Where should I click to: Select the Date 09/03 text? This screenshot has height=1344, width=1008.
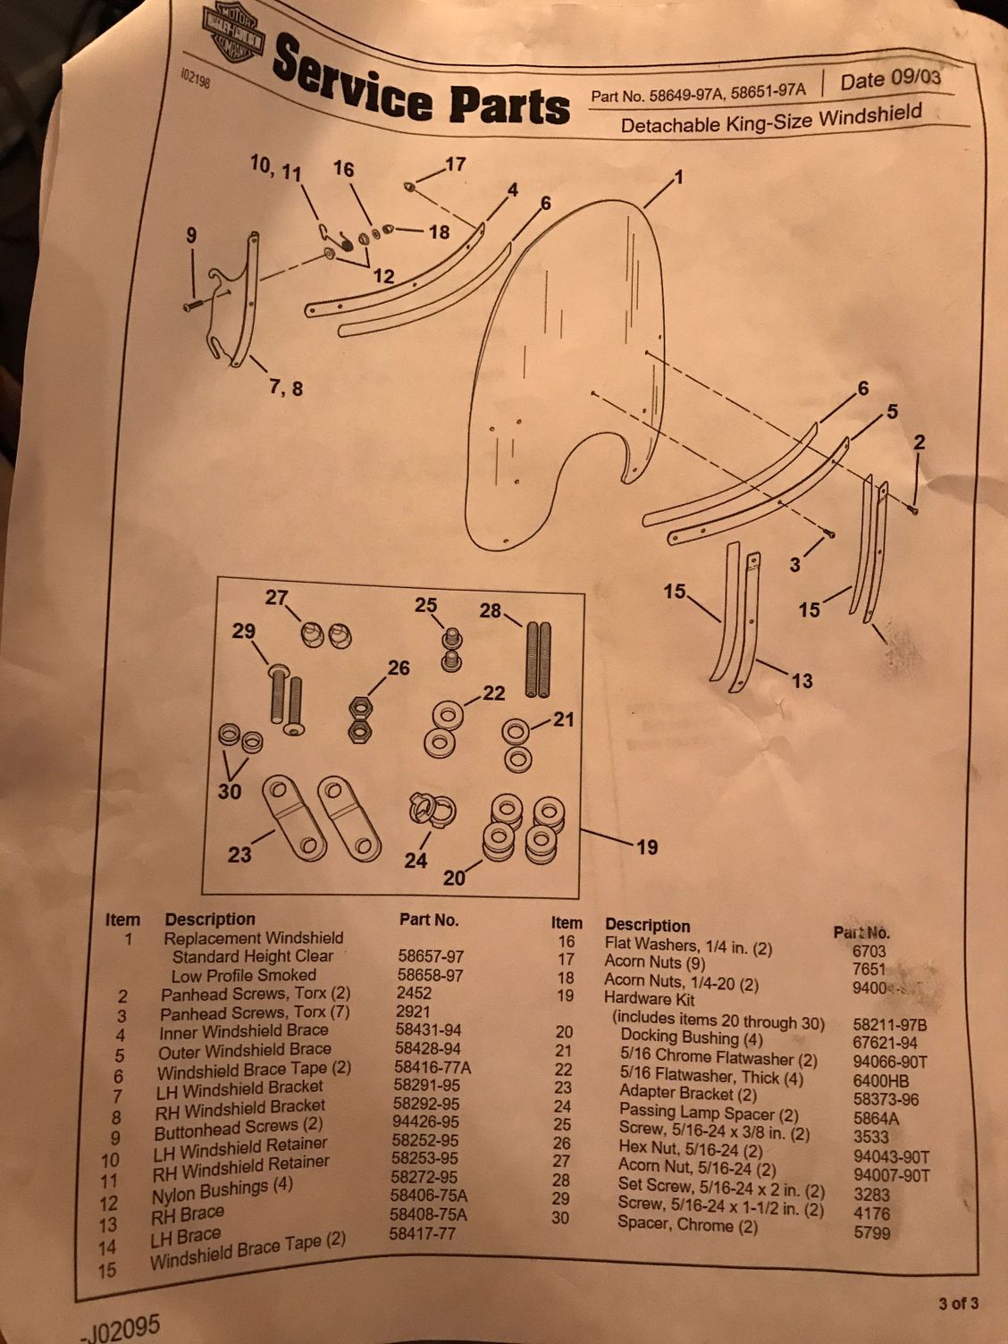click(890, 80)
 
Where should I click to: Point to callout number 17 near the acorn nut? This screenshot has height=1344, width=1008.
click(455, 164)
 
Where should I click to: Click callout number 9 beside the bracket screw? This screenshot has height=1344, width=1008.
click(190, 236)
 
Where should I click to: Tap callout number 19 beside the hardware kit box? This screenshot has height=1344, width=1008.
click(646, 846)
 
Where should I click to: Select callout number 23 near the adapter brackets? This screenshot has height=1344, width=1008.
click(239, 854)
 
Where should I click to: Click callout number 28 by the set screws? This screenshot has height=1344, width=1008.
click(491, 610)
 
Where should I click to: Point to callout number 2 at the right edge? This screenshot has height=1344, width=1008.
click(920, 441)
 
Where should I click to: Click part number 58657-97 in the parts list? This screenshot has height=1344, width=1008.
click(431, 955)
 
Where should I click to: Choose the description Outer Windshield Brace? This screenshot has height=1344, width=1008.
click(244, 1051)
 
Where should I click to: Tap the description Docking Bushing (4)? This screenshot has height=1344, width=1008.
click(680, 1038)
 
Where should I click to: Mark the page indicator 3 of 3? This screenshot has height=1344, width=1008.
click(958, 1304)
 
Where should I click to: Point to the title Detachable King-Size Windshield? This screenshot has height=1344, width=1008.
click(771, 120)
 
